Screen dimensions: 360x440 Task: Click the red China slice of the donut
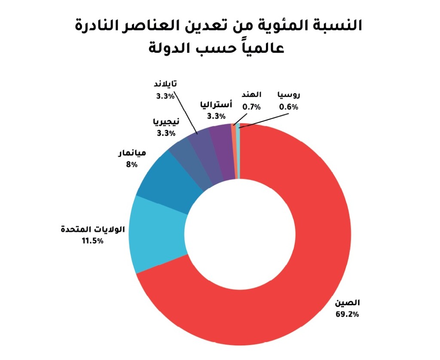(301, 258)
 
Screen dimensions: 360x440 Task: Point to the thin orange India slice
(233, 150)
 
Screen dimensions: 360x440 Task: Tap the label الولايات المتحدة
(93, 229)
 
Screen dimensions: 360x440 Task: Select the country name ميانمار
(131, 153)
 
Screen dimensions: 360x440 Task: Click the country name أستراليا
(216, 104)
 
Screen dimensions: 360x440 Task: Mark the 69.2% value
(347, 314)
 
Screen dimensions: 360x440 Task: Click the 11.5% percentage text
(92, 241)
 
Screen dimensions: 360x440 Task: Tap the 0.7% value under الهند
(251, 107)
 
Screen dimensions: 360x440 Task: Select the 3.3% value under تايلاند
(165, 96)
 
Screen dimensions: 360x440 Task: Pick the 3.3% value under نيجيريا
(166, 133)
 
